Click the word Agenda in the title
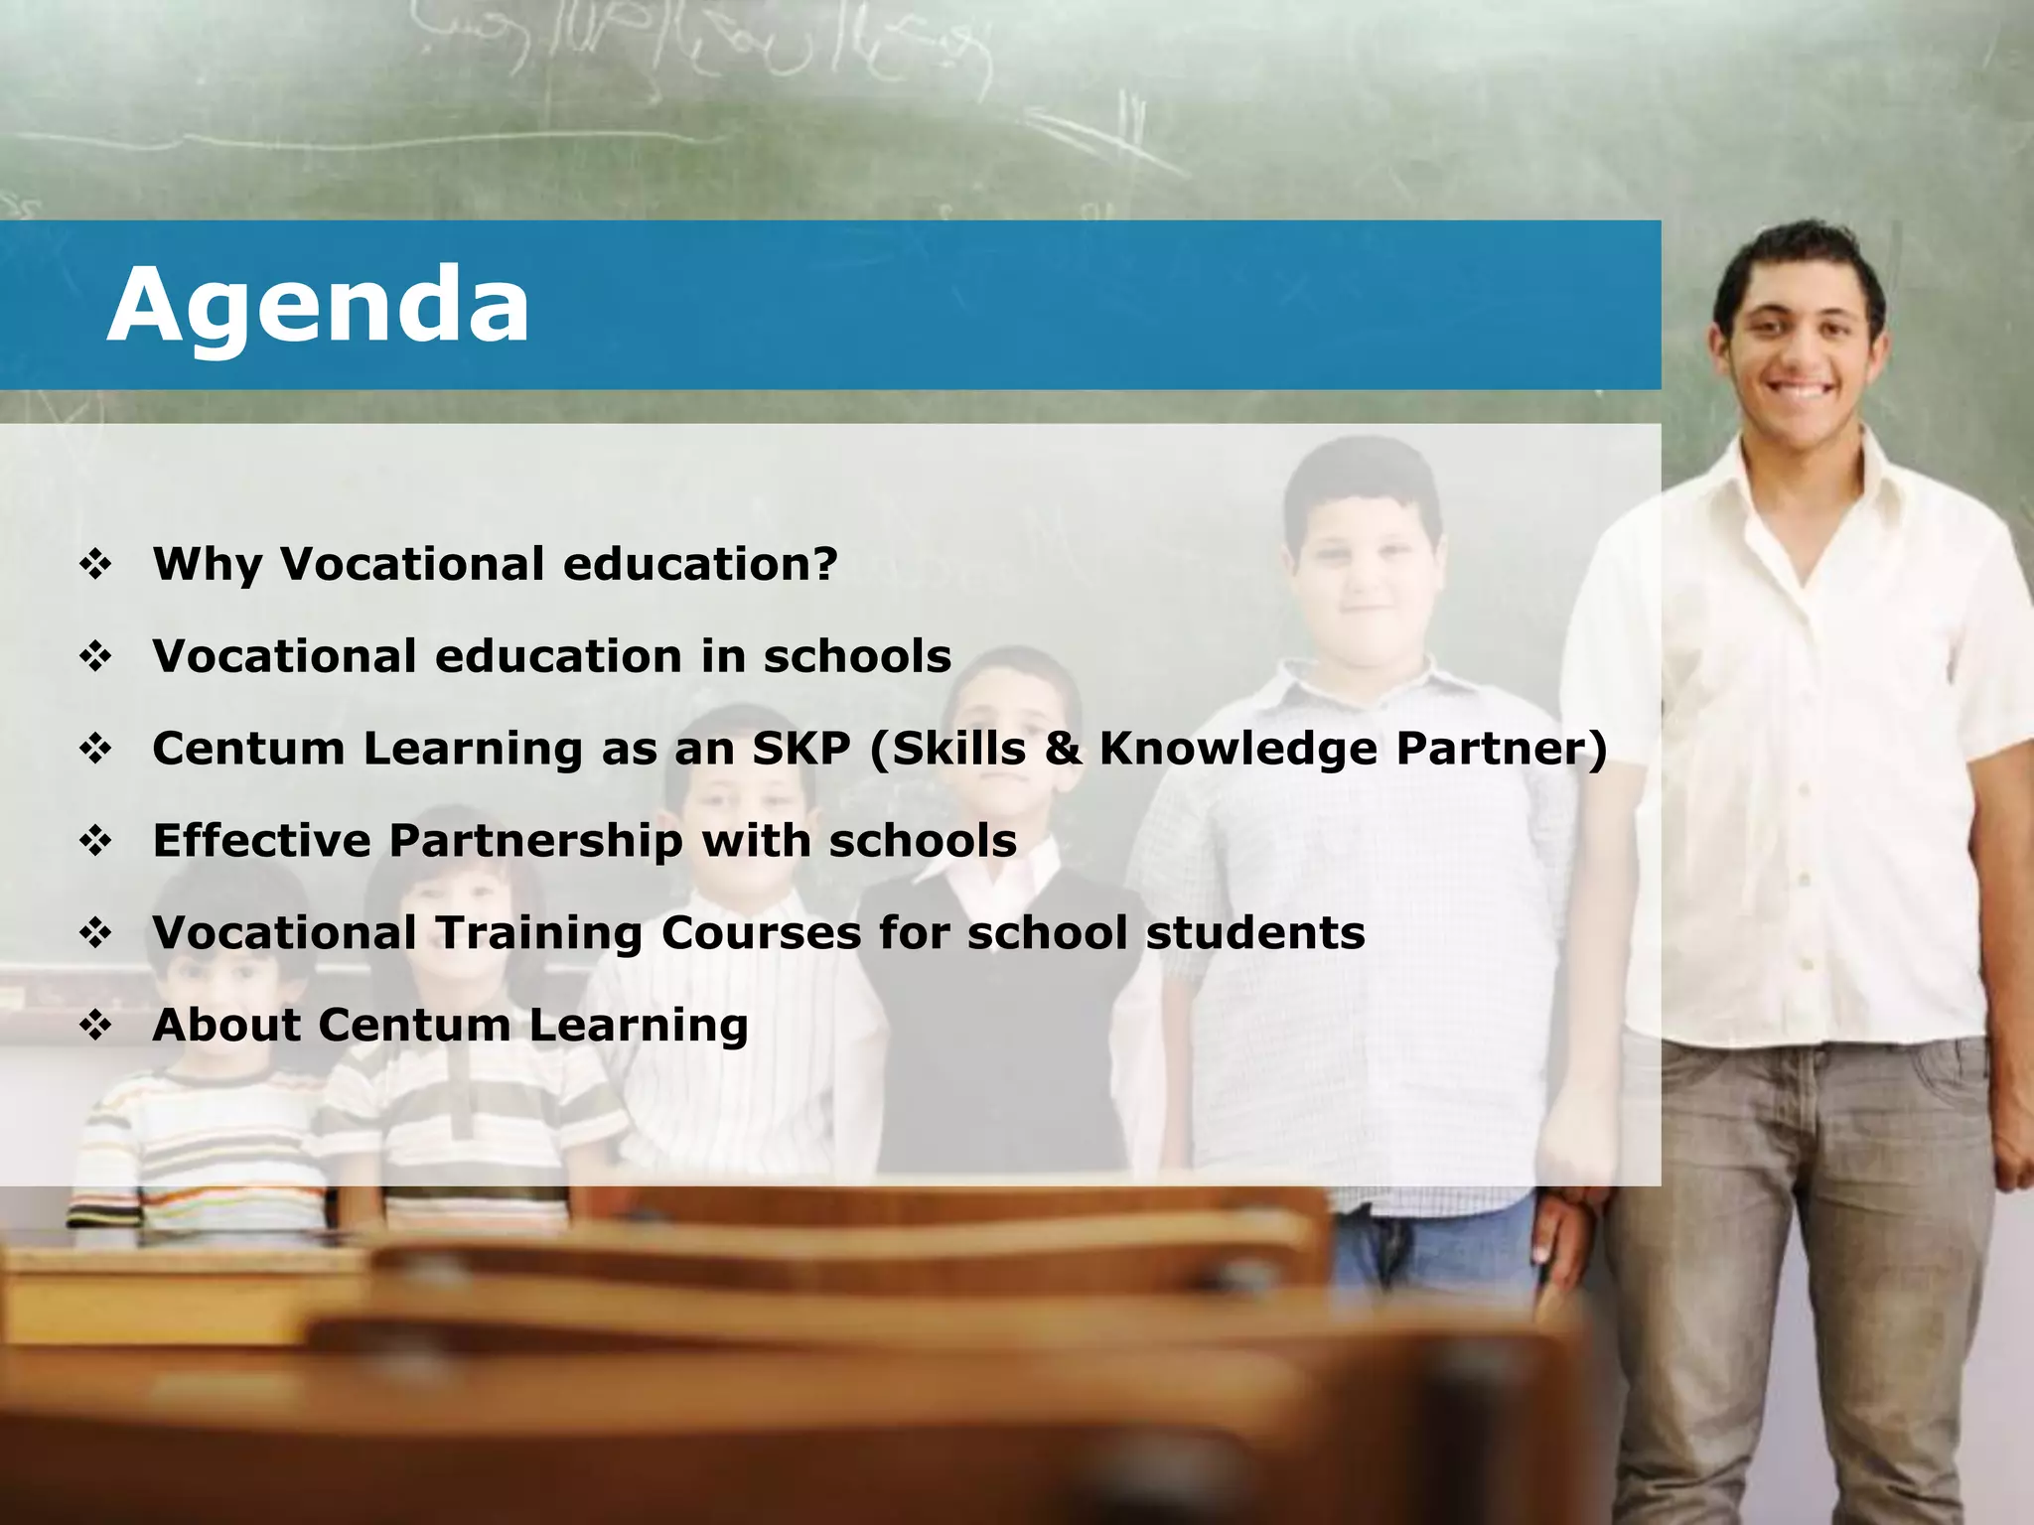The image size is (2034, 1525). pos(318,306)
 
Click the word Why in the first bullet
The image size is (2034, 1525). pos(207,564)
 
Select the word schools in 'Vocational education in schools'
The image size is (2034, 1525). pos(857,656)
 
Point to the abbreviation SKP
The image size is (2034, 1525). pos(800,749)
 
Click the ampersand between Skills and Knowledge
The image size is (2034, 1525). pos(1062,749)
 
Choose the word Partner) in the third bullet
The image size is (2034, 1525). pos(1501,749)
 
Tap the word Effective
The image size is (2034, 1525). pos(261,841)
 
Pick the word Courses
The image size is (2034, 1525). pos(761,933)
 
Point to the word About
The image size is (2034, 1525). pos(225,1025)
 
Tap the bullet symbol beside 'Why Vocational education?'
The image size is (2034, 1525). pos(96,565)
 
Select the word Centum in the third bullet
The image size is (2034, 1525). pos(248,749)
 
